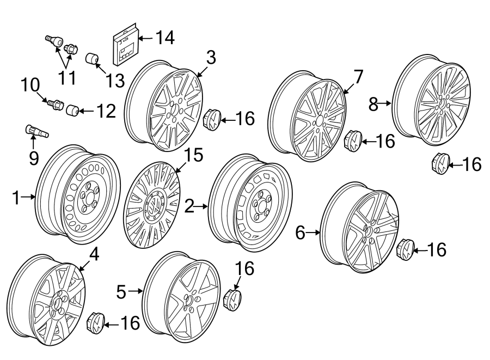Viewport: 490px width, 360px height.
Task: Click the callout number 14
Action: tap(164, 38)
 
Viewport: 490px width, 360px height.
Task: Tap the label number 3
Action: tap(211, 57)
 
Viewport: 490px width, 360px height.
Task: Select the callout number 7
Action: tap(358, 77)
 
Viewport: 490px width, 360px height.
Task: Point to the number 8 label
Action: tap(373, 103)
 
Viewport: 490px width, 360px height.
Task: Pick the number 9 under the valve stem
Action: tap(34, 158)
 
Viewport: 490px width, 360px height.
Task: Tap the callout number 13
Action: tap(115, 81)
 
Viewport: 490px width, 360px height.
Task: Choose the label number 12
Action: tap(106, 112)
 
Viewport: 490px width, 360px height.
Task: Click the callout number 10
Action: tap(30, 86)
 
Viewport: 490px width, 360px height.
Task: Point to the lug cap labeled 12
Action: tap(72, 111)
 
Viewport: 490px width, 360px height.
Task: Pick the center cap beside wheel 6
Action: tap(406, 249)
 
